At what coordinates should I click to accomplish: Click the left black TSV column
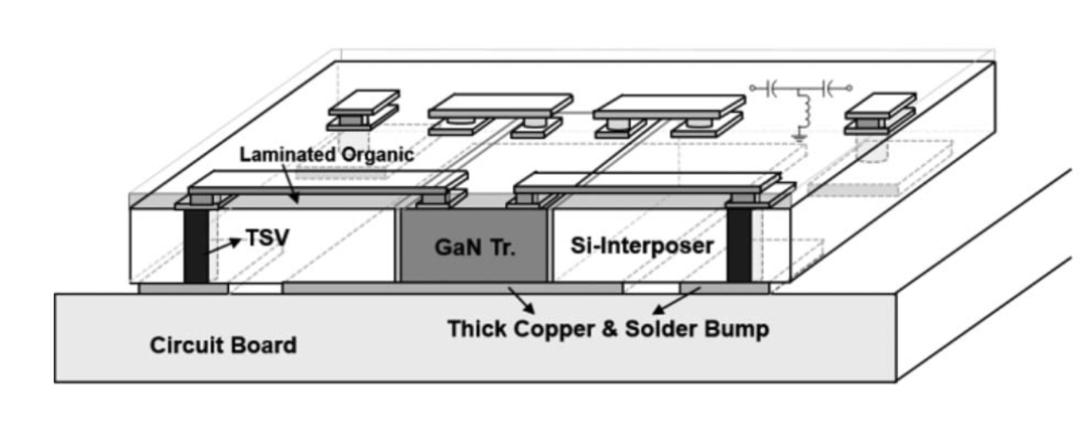tap(196, 246)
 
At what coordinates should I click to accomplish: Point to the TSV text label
tap(268, 239)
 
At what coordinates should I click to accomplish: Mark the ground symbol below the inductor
tap(797, 135)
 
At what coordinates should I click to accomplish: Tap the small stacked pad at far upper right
tap(880, 114)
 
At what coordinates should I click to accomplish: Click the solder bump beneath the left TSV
tap(183, 289)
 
